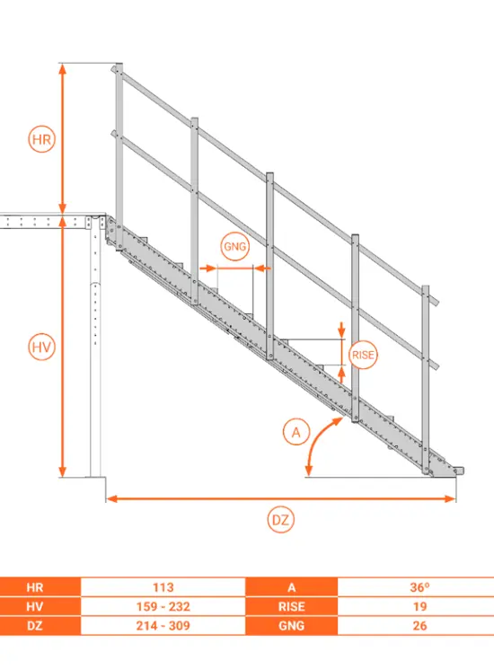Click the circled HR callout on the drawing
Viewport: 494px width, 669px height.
(41, 139)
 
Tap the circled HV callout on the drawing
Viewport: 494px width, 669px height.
(41, 347)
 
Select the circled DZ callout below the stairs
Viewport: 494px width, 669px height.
(281, 520)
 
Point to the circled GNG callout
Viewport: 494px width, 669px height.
(235, 246)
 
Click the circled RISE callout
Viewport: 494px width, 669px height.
(363, 355)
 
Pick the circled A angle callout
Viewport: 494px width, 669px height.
(296, 432)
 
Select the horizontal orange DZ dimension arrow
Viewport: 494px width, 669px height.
(281, 498)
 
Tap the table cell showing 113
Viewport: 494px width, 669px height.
(163, 587)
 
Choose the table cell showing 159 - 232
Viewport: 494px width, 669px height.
(163, 606)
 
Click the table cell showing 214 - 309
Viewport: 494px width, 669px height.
(163, 626)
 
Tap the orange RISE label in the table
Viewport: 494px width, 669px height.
(292, 606)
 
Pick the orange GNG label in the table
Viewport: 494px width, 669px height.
(292, 626)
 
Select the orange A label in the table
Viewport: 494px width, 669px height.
(292, 587)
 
